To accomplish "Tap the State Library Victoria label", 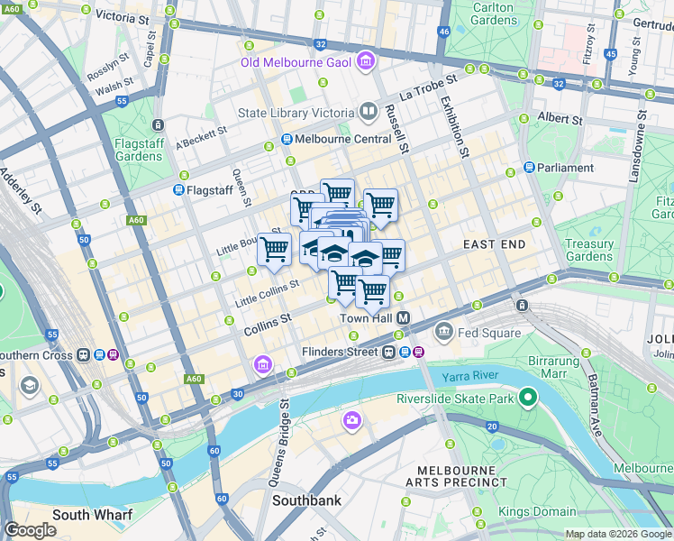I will pos(296,113).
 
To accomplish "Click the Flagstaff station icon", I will pos(178,190).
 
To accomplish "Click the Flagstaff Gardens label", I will pos(139,150).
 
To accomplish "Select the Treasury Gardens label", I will pos(589,251).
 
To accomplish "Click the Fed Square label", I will pos(489,333).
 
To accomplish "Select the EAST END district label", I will pos(494,245).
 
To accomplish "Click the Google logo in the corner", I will pos(31,530).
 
